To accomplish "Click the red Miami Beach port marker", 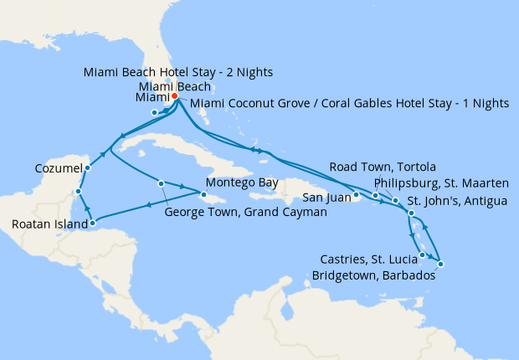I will [174, 96].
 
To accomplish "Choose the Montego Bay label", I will [240, 183].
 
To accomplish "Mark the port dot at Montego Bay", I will [203, 195].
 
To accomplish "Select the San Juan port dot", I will [357, 196].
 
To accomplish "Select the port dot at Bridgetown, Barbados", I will [440, 265].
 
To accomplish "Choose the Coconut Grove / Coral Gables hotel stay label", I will [350, 103].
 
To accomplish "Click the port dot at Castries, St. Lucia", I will [423, 255].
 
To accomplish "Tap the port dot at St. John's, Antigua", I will [411, 214].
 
